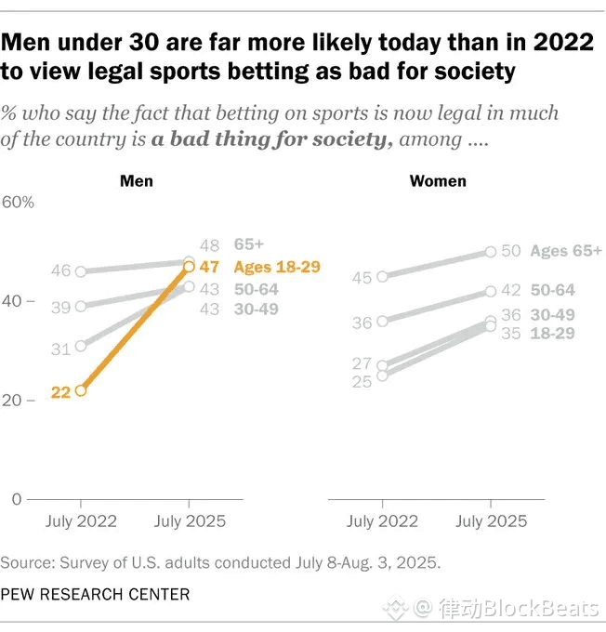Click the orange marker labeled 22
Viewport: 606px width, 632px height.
[x=81, y=390]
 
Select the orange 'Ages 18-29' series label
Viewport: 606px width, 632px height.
[x=277, y=267]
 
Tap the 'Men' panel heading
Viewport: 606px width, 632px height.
[x=137, y=181]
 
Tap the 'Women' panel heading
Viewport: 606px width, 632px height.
[x=438, y=181]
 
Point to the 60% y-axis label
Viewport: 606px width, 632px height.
[x=18, y=203]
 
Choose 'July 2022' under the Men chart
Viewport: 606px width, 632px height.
[x=82, y=521]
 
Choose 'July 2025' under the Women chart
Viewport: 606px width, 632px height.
[x=491, y=521]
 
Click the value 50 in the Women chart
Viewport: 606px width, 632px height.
[x=512, y=251]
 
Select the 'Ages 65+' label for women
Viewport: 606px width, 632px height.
[x=565, y=251]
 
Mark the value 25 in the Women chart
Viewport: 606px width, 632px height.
[x=362, y=381]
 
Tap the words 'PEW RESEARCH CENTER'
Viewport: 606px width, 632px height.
[x=95, y=594]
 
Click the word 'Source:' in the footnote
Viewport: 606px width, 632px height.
[x=28, y=563]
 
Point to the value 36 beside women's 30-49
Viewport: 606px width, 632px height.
[x=512, y=315]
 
